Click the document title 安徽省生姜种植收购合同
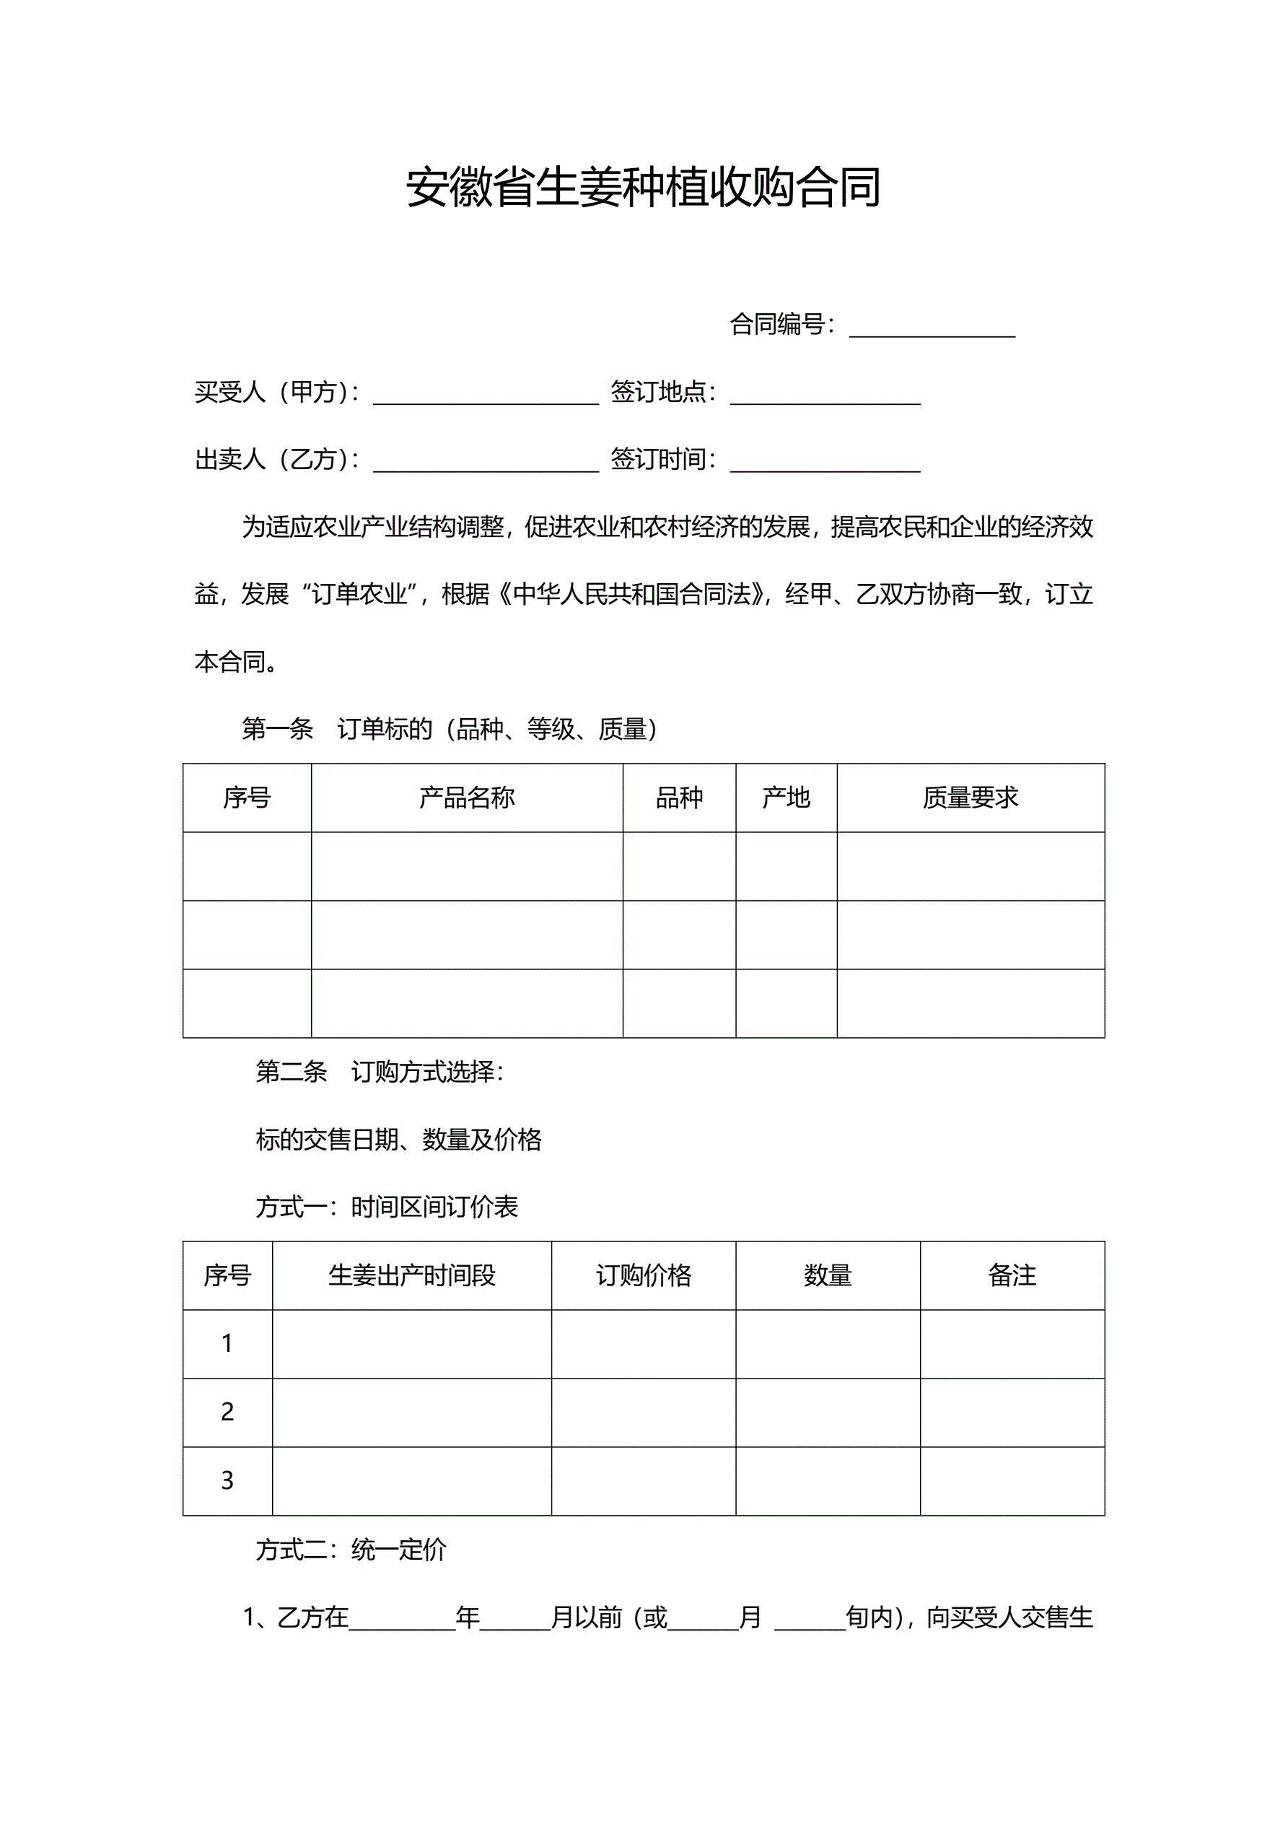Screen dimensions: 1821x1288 tap(643, 188)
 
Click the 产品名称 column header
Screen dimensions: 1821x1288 tap(466, 798)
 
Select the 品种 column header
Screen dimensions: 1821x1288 tap(679, 798)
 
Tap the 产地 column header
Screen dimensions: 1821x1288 tap(786, 798)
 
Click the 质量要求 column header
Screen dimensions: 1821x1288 tap(970, 798)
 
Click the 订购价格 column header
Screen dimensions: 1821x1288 tap(643, 1275)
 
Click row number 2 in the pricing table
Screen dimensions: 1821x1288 tap(227, 1412)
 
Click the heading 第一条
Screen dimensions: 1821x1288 tap(278, 729)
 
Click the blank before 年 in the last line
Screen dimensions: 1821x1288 tap(402, 1620)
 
